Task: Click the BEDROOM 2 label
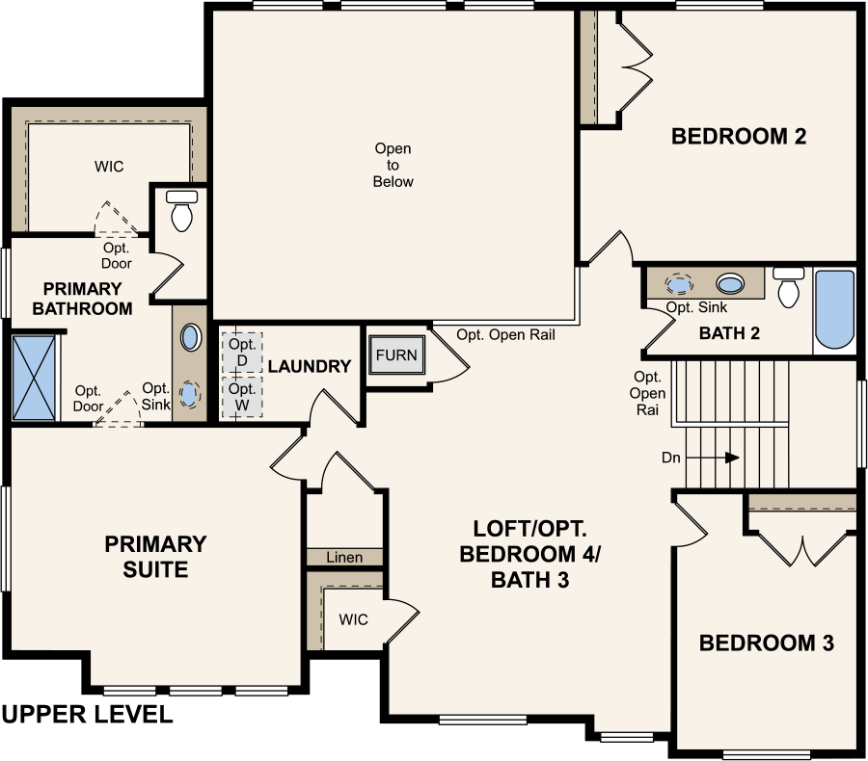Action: click(x=739, y=136)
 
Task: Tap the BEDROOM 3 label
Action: click(x=766, y=643)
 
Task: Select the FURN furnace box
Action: click(x=396, y=355)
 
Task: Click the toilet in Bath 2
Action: click(x=788, y=286)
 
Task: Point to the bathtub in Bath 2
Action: click(x=835, y=309)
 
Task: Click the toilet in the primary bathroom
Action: click(x=181, y=211)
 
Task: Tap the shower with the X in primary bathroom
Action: click(x=34, y=378)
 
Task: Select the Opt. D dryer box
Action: click(x=242, y=353)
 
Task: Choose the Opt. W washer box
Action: click(x=242, y=397)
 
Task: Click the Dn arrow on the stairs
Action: click(x=713, y=458)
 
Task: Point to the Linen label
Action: click(x=344, y=558)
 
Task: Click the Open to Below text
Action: click(x=393, y=165)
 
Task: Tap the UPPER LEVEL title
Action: click(x=88, y=715)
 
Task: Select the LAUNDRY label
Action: click(x=310, y=366)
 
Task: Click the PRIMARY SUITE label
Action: click(x=155, y=557)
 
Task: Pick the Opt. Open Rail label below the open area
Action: click(x=505, y=334)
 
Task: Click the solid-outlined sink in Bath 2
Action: click(x=730, y=284)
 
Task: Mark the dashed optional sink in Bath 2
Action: click(x=679, y=284)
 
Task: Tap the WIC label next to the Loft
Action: click(x=353, y=619)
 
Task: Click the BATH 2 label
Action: click(x=729, y=333)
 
